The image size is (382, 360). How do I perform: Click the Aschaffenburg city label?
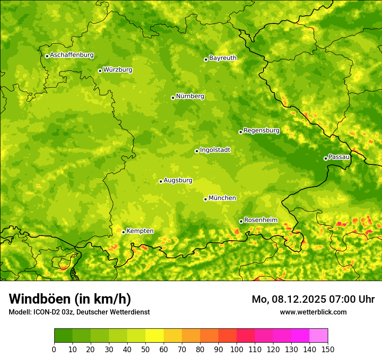coord(72,55)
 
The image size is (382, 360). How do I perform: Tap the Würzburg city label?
coord(118,70)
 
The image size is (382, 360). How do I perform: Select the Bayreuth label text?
coord(223,58)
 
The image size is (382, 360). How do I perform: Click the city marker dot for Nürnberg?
coord(173,98)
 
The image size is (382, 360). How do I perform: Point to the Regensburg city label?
coord(261,131)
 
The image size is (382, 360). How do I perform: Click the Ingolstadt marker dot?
coord(197,151)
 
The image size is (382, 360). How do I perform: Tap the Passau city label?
coord(339,157)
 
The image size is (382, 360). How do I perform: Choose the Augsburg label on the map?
coord(178,180)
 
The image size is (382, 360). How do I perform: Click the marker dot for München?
coord(205,199)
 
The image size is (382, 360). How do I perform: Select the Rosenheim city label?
coord(260,220)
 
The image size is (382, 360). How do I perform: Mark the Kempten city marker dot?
coord(123,232)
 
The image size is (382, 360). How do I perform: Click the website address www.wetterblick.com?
coord(313,312)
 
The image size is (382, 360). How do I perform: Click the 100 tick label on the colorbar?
coord(237,350)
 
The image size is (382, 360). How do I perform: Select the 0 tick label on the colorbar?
coord(54,350)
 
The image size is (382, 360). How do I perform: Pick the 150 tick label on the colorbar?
coord(328,350)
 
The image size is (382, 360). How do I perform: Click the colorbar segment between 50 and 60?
coord(155,336)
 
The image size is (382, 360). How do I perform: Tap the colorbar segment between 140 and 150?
coord(319,336)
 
